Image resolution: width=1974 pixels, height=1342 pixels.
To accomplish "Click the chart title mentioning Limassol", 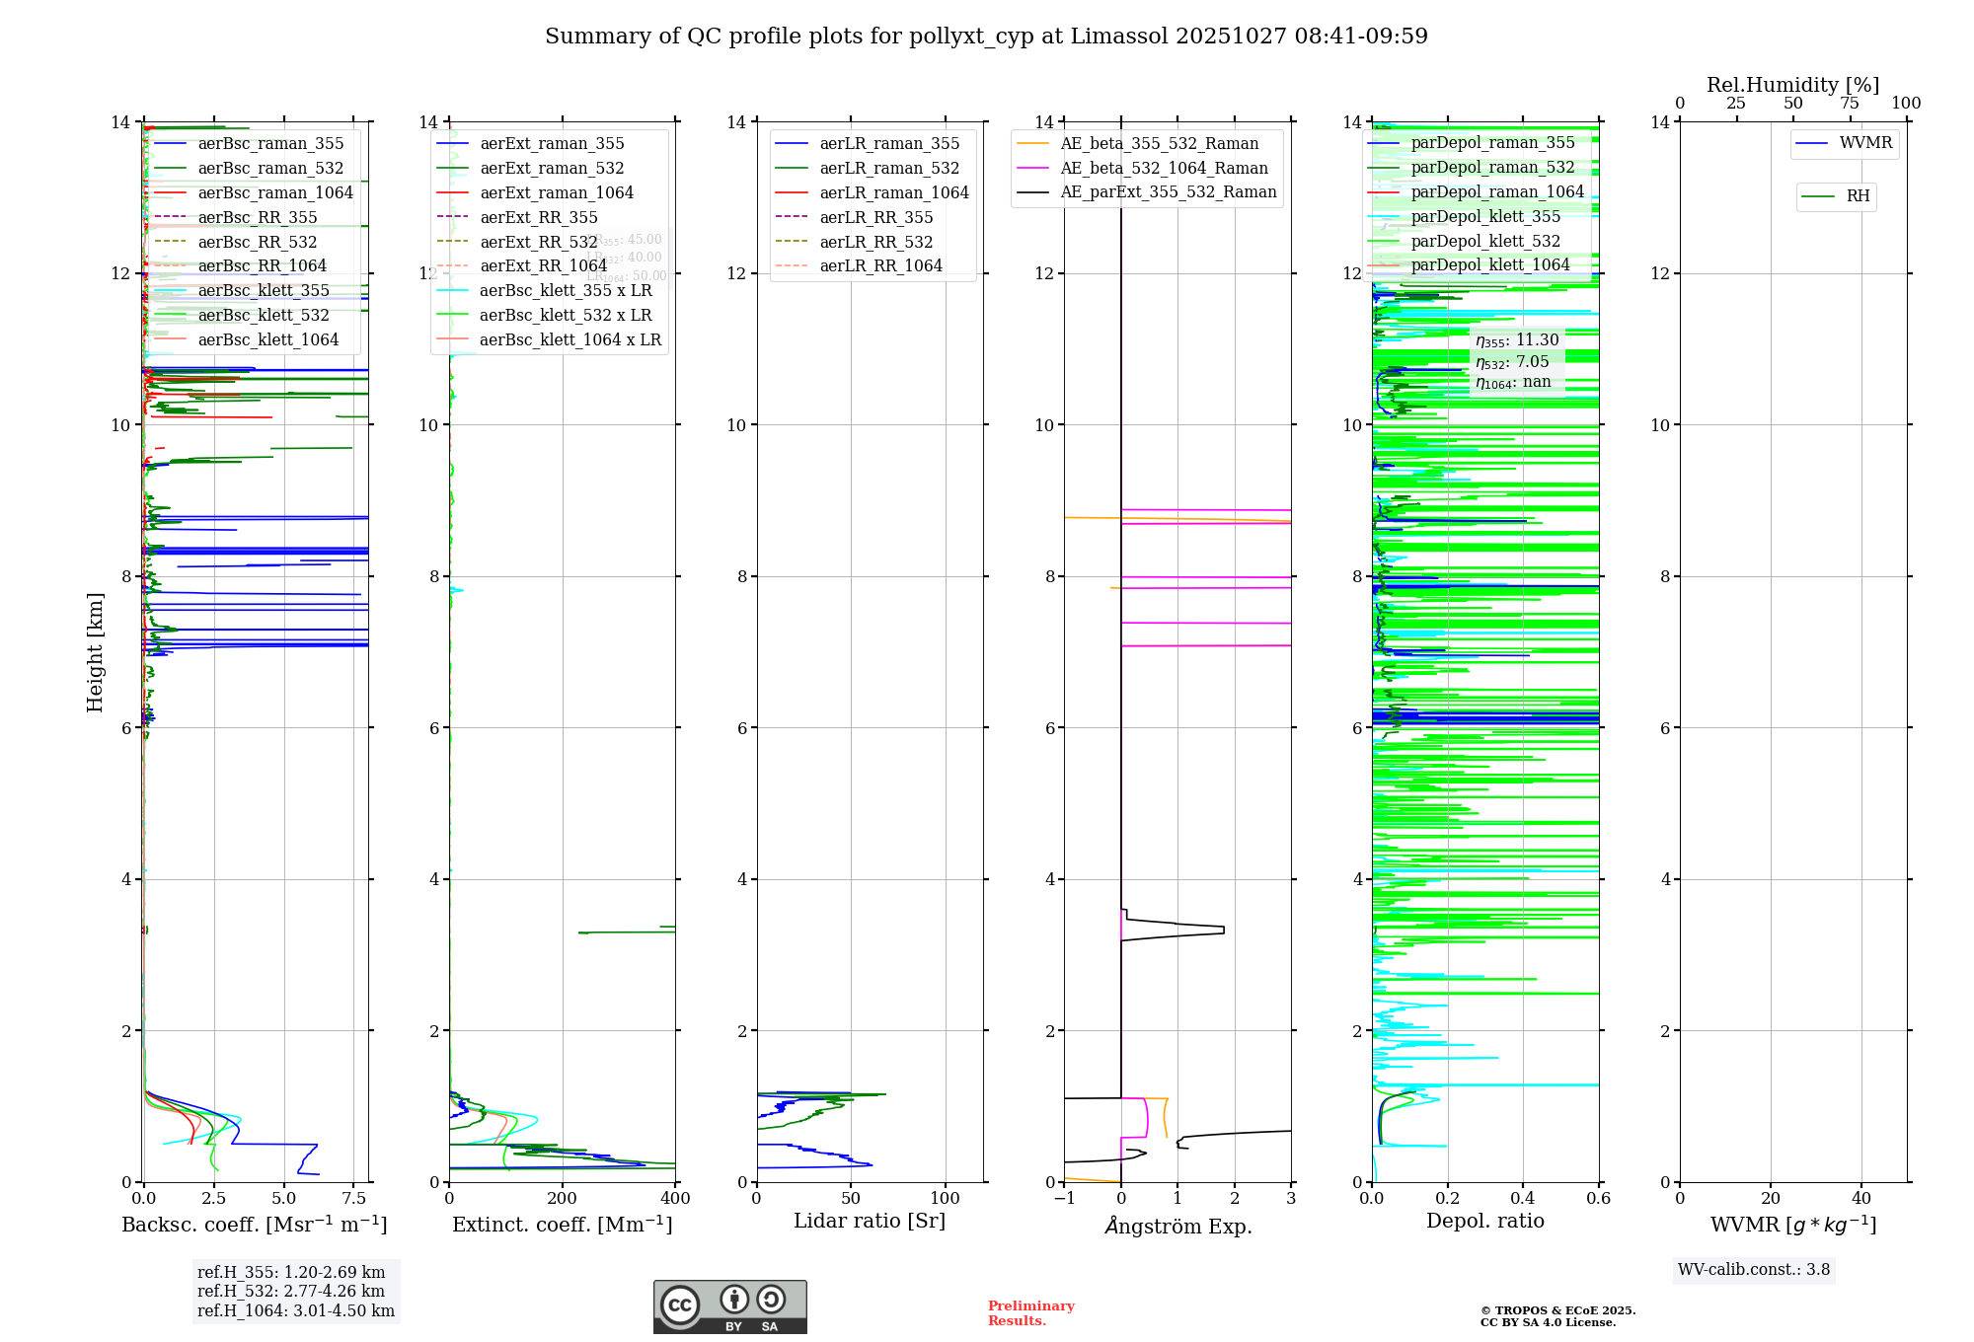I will (x=986, y=37).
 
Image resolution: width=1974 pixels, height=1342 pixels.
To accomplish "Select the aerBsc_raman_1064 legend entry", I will (x=274, y=192).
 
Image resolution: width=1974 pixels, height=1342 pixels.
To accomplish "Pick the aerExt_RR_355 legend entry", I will (x=538, y=217).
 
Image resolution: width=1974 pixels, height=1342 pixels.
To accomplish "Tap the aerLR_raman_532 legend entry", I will (x=889, y=169).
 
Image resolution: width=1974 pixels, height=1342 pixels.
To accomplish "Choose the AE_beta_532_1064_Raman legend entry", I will (x=1164, y=169).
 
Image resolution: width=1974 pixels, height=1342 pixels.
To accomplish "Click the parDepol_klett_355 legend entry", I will (x=1485, y=216).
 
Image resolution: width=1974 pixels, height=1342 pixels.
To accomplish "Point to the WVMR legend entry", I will (x=1865, y=143).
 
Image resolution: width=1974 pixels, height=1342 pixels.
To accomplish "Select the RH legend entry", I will (x=1858, y=196).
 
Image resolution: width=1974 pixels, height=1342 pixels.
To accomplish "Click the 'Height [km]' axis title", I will (x=95, y=651).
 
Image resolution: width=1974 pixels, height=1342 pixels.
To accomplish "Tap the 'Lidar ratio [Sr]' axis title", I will (x=869, y=1222).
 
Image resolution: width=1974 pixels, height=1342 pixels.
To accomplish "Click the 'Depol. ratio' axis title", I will (x=1484, y=1222).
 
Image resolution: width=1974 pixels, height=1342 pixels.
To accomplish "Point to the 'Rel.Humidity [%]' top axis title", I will (x=1792, y=85).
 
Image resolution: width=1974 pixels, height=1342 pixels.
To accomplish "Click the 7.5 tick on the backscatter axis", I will (x=353, y=1199).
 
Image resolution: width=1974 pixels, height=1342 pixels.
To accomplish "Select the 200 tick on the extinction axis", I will (x=562, y=1199).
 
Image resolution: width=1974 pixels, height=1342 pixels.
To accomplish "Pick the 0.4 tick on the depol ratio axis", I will (x=1523, y=1199).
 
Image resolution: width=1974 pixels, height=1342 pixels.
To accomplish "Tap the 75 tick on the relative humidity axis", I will (x=1849, y=104).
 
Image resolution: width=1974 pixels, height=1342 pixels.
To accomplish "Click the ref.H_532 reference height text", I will (x=291, y=1291).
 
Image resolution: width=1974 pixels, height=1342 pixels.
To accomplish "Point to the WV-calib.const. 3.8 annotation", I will (x=1754, y=1270).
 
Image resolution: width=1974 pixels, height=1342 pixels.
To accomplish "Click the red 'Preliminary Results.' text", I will (x=1030, y=1313).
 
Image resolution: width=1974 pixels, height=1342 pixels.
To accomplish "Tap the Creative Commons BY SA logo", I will (x=729, y=1306).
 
